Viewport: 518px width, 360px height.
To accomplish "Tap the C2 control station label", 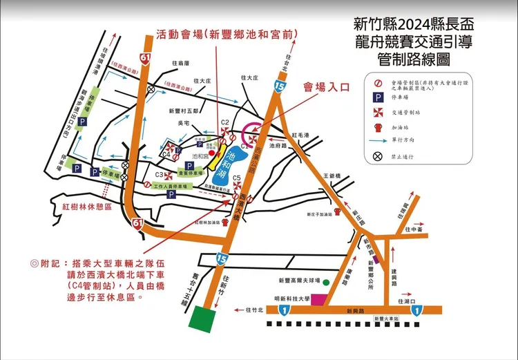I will point(224,122).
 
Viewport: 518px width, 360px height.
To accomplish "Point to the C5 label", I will point(237,178).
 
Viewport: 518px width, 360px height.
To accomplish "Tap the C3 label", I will point(159,175).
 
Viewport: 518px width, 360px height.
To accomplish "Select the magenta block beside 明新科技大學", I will point(318,299).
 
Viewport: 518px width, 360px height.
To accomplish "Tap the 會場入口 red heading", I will point(327,87).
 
